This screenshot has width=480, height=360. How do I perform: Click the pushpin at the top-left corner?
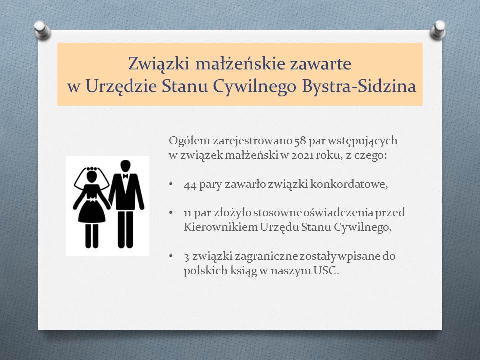point(42,30)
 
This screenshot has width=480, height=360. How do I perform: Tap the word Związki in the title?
point(159,64)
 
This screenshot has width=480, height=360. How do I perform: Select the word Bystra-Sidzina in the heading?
point(359,86)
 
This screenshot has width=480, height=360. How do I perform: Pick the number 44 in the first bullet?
point(190,185)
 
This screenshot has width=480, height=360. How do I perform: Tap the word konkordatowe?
point(349,184)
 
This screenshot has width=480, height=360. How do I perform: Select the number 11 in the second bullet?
point(188,213)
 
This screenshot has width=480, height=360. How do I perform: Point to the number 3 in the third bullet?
point(186,257)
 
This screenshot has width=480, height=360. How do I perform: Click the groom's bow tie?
point(125,176)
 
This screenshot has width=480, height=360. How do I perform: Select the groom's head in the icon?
point(125,166)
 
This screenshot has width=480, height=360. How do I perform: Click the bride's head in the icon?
point(92,177)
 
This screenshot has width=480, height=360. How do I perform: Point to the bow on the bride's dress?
point(92,200)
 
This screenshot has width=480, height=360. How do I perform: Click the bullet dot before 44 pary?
point(171,184)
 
